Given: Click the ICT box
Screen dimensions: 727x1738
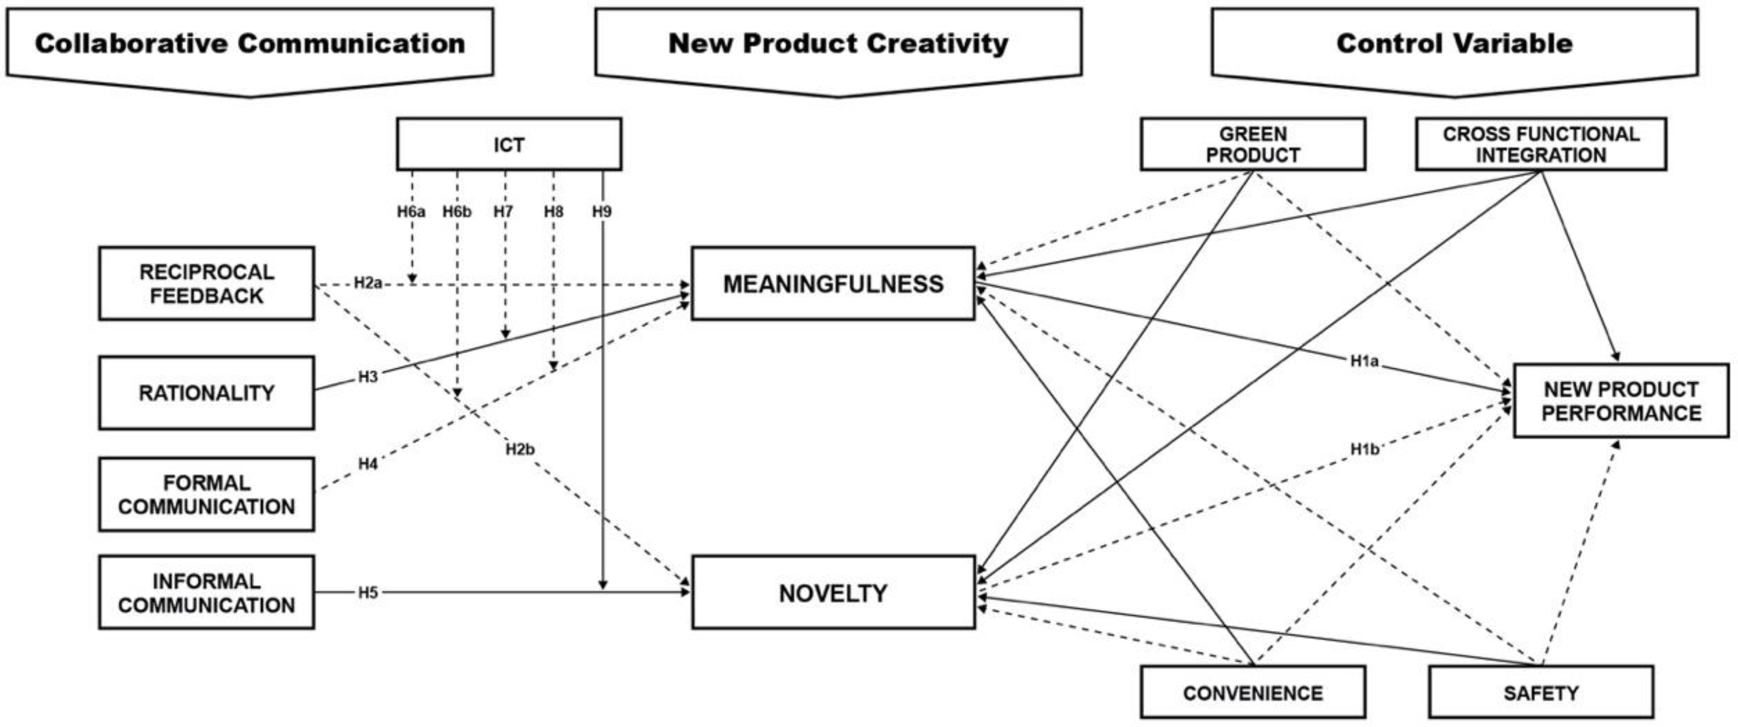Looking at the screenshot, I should click(x=509, y=144).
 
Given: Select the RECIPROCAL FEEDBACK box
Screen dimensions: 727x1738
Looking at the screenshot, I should click(x=207, y=284).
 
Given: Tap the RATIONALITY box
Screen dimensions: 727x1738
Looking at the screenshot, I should click(x=207, y=393).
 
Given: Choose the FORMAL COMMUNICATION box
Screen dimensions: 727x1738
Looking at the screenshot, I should click(x=207, y=495).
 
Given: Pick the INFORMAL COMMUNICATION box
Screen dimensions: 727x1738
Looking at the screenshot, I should click(x=207, y=593).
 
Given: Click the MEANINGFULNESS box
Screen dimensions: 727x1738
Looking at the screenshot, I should click(x=833, y=284).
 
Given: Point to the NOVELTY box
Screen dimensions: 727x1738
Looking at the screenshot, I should click(x=833, y=593).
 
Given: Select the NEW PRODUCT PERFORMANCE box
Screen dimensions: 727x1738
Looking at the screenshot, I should click(x=1621, y=401).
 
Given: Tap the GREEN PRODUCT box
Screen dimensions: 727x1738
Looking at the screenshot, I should click(x=1253, y=144).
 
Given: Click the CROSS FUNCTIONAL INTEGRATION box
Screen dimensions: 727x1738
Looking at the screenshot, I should click(x=1541, y=144).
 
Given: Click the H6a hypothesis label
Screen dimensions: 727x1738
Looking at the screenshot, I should click(x=411, y=212).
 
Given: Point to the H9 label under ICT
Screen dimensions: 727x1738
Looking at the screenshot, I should click(x=602, y=212).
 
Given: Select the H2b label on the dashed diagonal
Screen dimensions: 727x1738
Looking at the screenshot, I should click(x=520, y=449).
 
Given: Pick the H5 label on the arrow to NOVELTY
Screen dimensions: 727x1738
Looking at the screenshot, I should click(x=368, y=593).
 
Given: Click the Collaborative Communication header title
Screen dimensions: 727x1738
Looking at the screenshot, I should click(x=249, y=43).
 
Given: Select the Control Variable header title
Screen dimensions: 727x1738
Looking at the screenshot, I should click(x=1455, y=43).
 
